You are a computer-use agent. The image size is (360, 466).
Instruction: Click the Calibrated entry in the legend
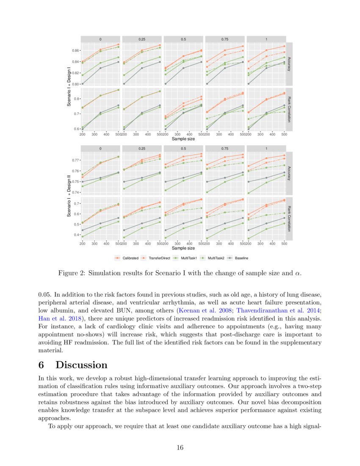(x=130, y=258)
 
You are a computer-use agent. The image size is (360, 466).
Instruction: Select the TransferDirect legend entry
(x=159, y=258)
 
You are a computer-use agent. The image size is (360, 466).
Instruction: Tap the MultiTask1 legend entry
(x=191, y=258)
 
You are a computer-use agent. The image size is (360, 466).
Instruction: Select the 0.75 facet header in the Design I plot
(x=225, y=39)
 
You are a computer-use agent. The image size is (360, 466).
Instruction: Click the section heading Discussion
(x=81, y=365)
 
